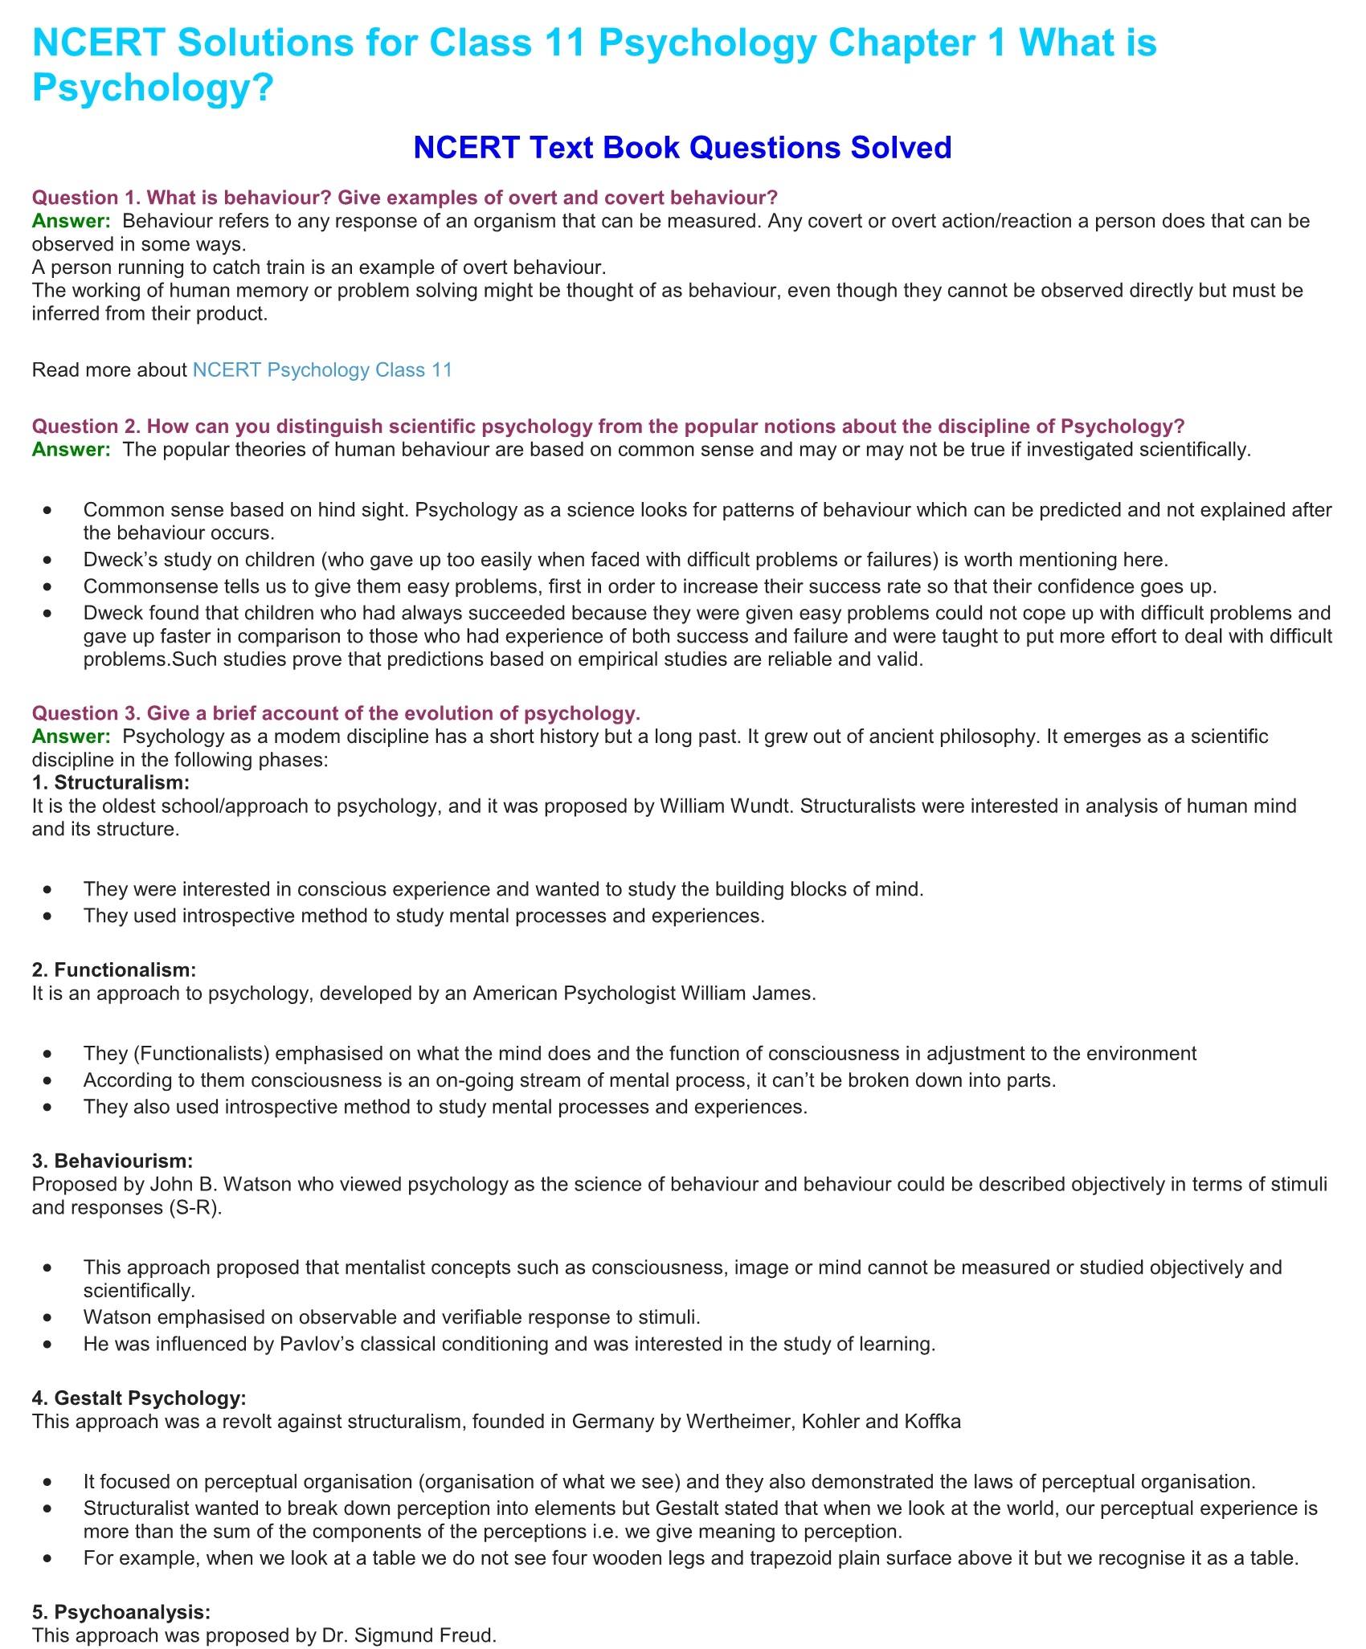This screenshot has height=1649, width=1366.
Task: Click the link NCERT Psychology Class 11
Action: click(x=322, y=370)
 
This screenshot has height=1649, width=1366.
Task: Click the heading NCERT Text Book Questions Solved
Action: click(x=682, y=148)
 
